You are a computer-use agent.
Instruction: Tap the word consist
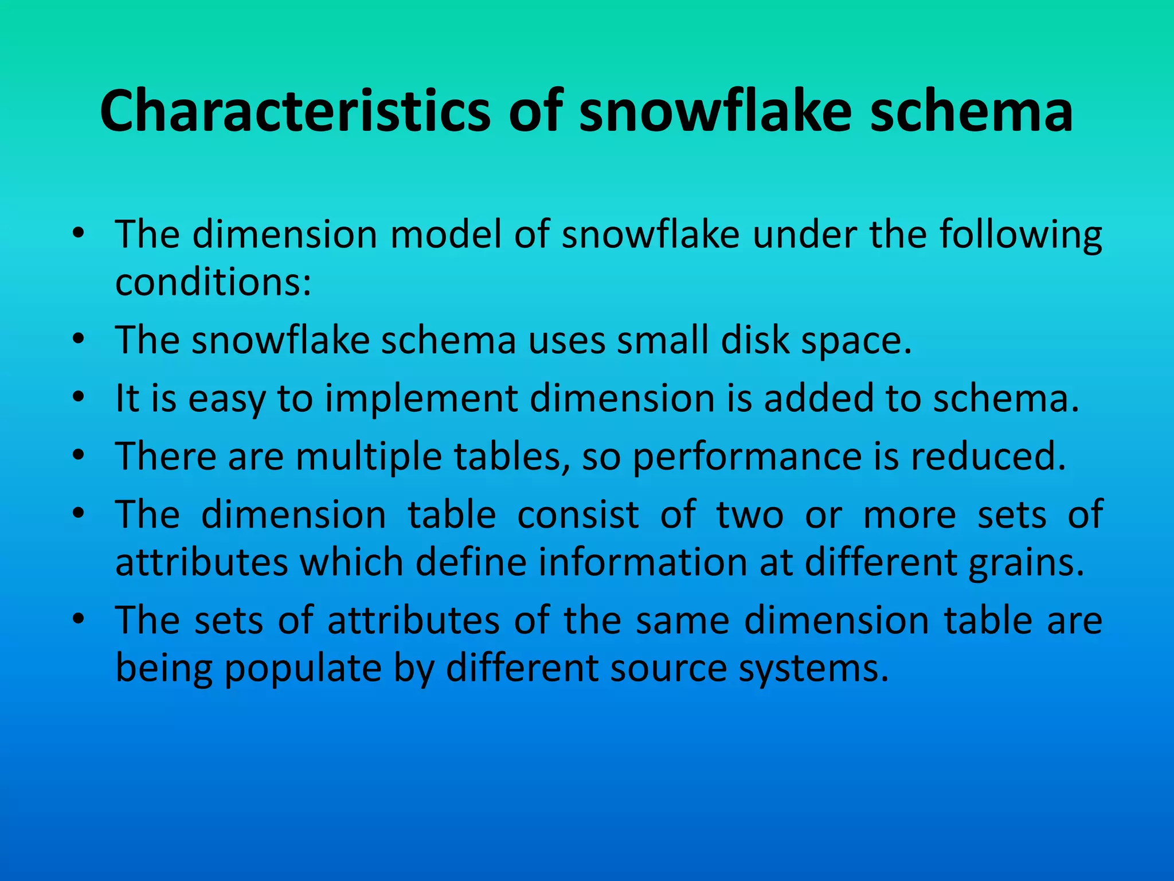click(x=578, y=514)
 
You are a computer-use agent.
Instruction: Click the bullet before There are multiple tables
click(x=79, y=455)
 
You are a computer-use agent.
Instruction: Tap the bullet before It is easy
click(x=79, y=397)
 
